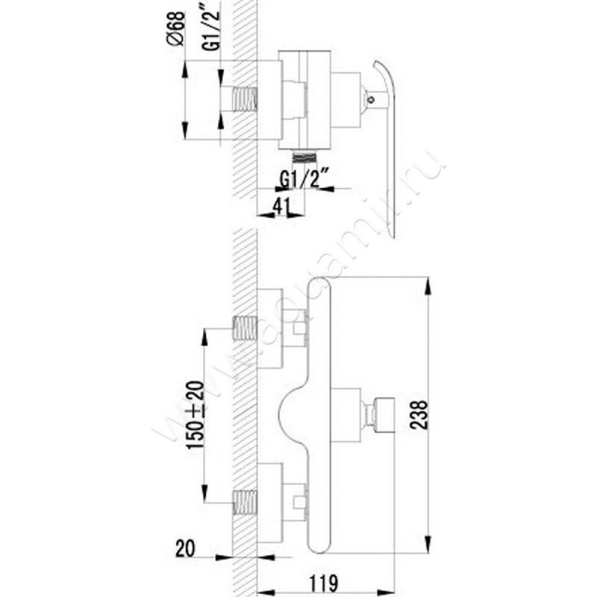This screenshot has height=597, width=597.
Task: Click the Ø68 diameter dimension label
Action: click(x=176, y=29)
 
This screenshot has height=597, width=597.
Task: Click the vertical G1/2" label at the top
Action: click(x=211, y=27)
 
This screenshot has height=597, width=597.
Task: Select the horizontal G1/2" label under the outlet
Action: click(x=304, y=180)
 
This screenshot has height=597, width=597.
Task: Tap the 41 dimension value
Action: click(x=281, y=207)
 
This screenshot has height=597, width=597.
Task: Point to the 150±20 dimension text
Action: click(x=196, y=415)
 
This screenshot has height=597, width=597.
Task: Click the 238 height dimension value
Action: click(x=419, y=415)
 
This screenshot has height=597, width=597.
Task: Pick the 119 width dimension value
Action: click(x=323, y=583)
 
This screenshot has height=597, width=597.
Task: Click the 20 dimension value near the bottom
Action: click(x=185, y=548)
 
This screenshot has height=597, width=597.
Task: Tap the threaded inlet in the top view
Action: click(x=245, y=99)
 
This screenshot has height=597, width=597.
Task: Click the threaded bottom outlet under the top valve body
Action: click(x=304, y=157)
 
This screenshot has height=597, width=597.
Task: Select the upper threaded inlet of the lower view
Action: click(x=245, y=328)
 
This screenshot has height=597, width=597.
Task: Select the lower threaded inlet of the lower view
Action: click(x=245, y=502)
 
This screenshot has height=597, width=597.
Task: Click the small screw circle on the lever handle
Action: click(x=370, y=100)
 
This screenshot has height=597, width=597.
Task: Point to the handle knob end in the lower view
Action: click(x=384, y=415)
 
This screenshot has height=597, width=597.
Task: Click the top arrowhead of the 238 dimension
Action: click(x=428, y=286)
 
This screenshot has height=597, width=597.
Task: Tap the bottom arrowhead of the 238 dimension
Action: click(x=428, y=544)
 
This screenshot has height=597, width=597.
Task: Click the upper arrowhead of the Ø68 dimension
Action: click(x=185, y=69)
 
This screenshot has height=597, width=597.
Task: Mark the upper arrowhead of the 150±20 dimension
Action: click(x=204, y=337)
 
